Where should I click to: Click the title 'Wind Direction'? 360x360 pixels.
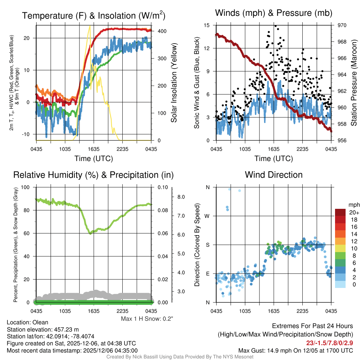pyautogui.click(x=274, y=175)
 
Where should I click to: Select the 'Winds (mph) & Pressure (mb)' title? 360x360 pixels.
pyautogui.click(x=274, y=13)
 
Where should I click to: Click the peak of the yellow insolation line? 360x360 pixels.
pyautogui.click(x=90, y=26)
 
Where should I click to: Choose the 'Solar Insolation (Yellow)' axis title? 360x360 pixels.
pyautogui.click(x=174, y=83)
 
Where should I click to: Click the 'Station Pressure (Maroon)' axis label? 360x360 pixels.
pyautogui.click(x=353, y=83)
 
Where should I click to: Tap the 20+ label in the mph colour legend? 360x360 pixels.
pyautogui.click(x=353, y=212)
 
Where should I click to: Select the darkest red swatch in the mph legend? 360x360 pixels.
pyautogui.click(x=341, y=212)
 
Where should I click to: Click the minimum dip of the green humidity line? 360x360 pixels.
pyautogui.click(x=90, y=233)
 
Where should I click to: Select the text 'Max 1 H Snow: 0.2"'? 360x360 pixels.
pyautogui.click(x=147, y=319)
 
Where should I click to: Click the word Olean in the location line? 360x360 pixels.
pyautogui.click(x=40, y=322)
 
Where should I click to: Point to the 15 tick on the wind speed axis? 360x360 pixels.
pyautogui.click(x=207, y=25)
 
